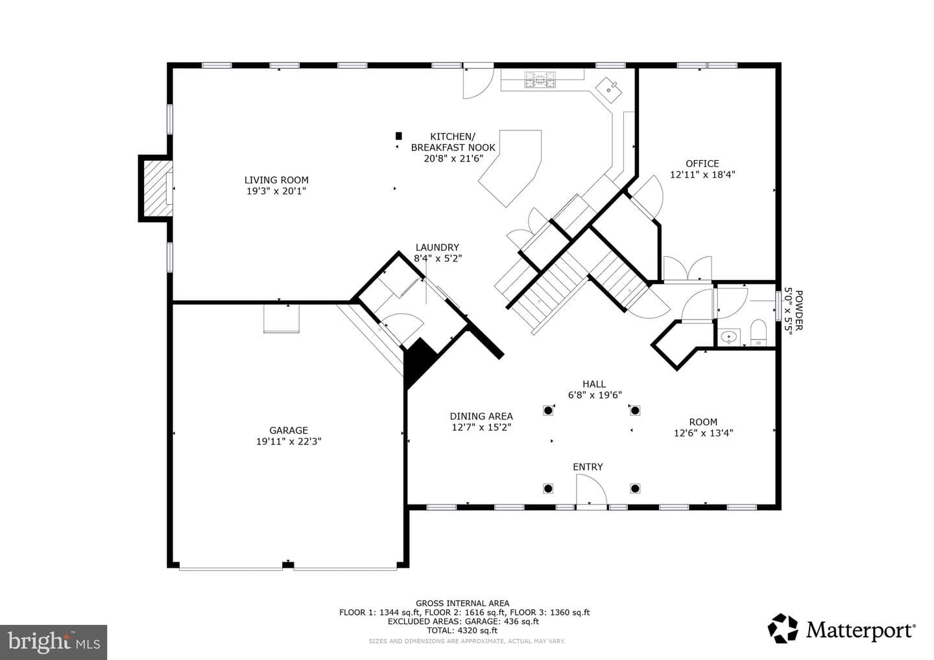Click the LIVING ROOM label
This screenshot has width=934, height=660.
(276, 180)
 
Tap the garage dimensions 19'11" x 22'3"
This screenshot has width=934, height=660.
(289, 442)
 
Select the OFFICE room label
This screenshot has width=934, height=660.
(702, 163)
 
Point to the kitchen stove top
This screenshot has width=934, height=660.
(540, 79)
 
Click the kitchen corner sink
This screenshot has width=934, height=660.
(609, 89)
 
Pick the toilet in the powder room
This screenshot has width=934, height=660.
(758, 333)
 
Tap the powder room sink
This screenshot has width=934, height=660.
(728, 336)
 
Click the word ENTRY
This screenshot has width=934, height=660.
(588, 467)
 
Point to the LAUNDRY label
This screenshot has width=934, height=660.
(437, 247)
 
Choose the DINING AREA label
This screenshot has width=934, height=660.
(481, 416)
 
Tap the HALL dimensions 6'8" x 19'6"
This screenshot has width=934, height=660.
(595, 395)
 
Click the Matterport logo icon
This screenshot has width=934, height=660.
(783, 628)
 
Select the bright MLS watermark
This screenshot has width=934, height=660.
(53, 642)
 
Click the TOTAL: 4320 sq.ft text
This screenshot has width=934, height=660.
(462, 630)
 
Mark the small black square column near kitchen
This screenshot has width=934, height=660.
(399, 136)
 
